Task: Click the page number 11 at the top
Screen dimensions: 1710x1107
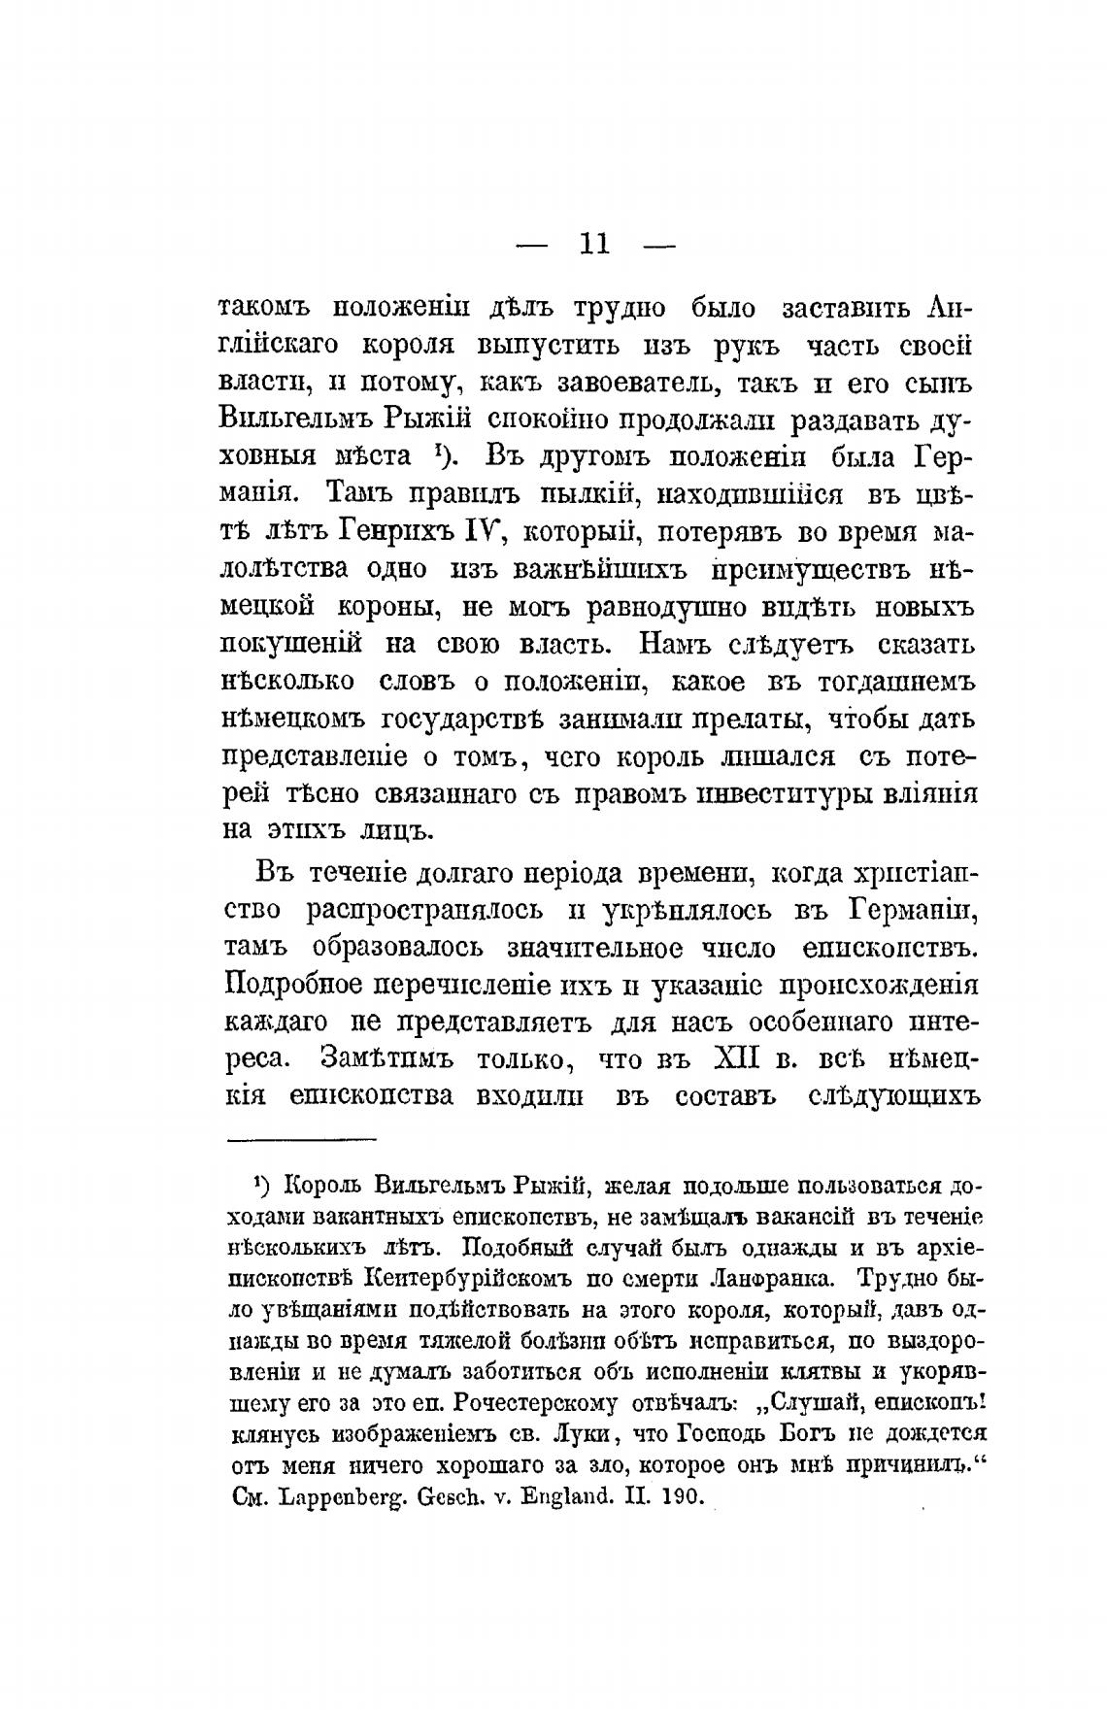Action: click(594, 243)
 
